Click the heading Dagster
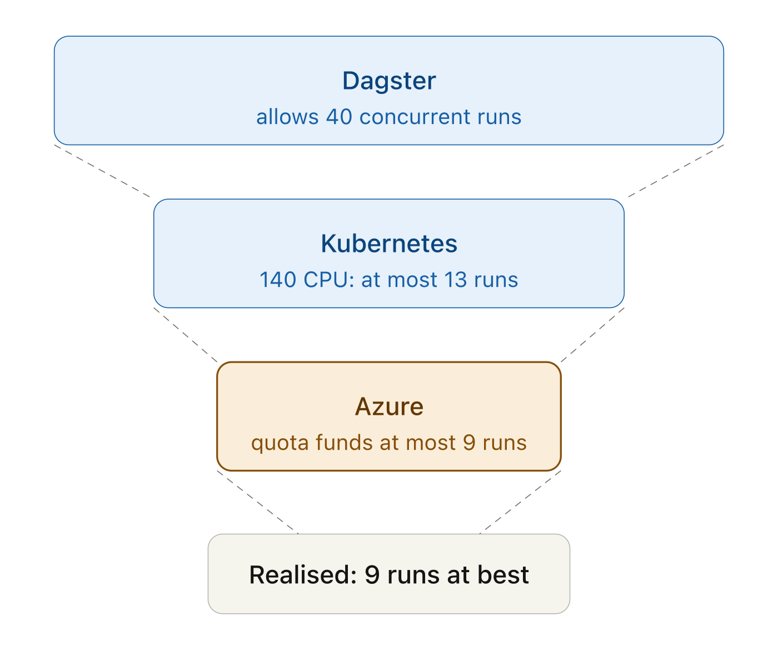pos(389,81)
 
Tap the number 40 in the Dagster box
pos(338,117)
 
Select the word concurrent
pos(415,117)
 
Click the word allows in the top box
pos(287,117)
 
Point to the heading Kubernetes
pos(389,244)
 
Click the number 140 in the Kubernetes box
pos(278,280)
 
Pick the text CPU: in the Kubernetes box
pos(328,280)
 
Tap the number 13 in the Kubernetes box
pos(455,280)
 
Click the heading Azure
pos(389,406)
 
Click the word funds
pos(344,443)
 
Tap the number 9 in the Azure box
pos(469,443)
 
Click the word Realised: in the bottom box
pos(303,575)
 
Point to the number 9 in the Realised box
pos(372,575)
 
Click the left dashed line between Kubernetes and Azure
pos(185,335)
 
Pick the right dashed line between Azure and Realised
pos(520,502)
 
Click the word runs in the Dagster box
pos(499,117)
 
